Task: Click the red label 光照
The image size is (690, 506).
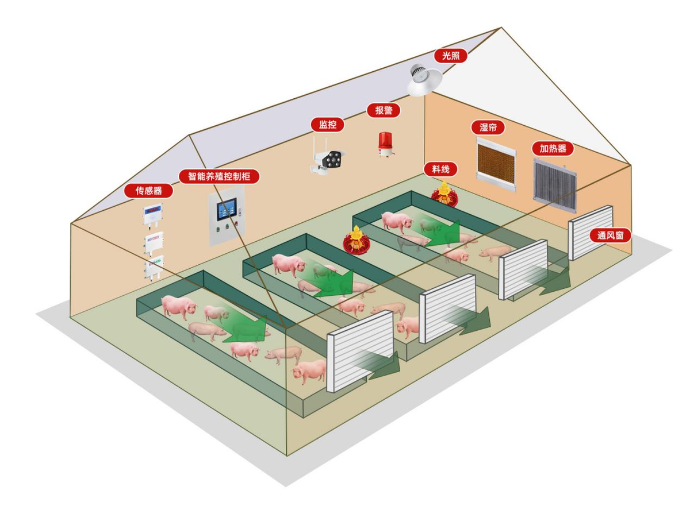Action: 450,56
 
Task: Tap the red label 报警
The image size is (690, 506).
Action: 384,111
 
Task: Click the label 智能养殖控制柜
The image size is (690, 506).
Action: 219,176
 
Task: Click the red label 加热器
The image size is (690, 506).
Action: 553,149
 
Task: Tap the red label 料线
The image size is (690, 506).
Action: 440,169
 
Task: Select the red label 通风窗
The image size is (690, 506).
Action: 610,235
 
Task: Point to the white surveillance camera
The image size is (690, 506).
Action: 328,159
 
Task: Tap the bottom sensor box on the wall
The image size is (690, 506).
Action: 153,268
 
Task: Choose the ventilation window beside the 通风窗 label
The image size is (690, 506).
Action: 591,231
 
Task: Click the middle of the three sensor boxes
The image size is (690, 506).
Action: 153,242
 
